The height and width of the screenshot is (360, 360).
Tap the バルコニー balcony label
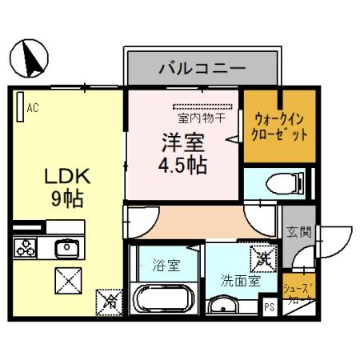pyautogui.click(x=201, y=66)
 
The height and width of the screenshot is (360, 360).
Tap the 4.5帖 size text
pyautogui.click(x=182, y=166)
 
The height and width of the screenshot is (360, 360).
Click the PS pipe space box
pyautogui.click(x=269, y=305)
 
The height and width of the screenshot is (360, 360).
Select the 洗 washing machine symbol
pyautogui.click(x=262, y=258)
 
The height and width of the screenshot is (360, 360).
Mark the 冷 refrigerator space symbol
pyautogui.click(x=111, y=302)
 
